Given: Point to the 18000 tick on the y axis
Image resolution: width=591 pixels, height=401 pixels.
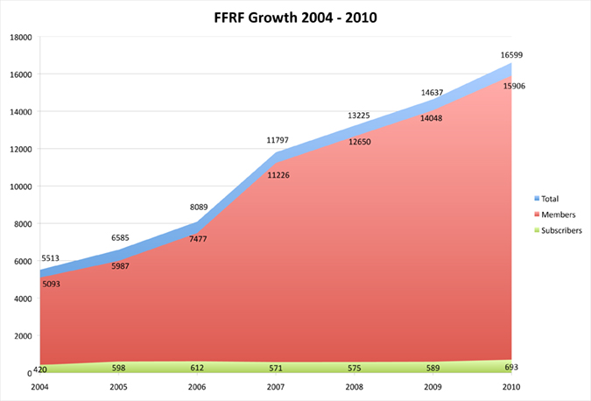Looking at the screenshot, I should click(20, 38).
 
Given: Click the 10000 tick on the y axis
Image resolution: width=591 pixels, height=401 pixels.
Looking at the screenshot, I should click(20, 186).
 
